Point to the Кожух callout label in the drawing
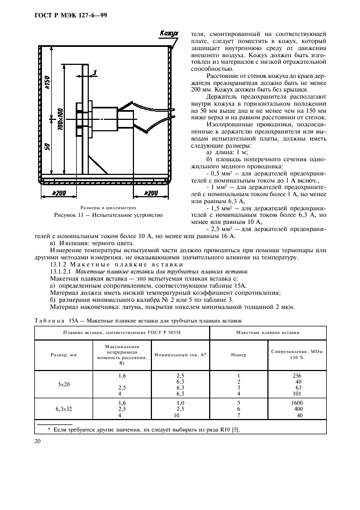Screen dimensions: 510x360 [x=169, y=34]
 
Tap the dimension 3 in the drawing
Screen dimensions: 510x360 [x=94, y=72]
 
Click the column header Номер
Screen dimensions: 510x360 [x=239, y=355]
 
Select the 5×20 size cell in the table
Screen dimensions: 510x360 [x=64, y=384]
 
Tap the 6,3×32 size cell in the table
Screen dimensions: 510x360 [x=64, y=409]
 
